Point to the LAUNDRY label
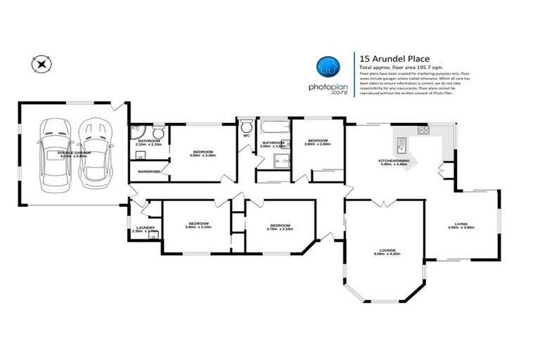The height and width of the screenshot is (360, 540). pyautogui.click(x=145, y=227)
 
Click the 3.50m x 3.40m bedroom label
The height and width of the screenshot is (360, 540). pyautogui.click(x=202, y=153)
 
